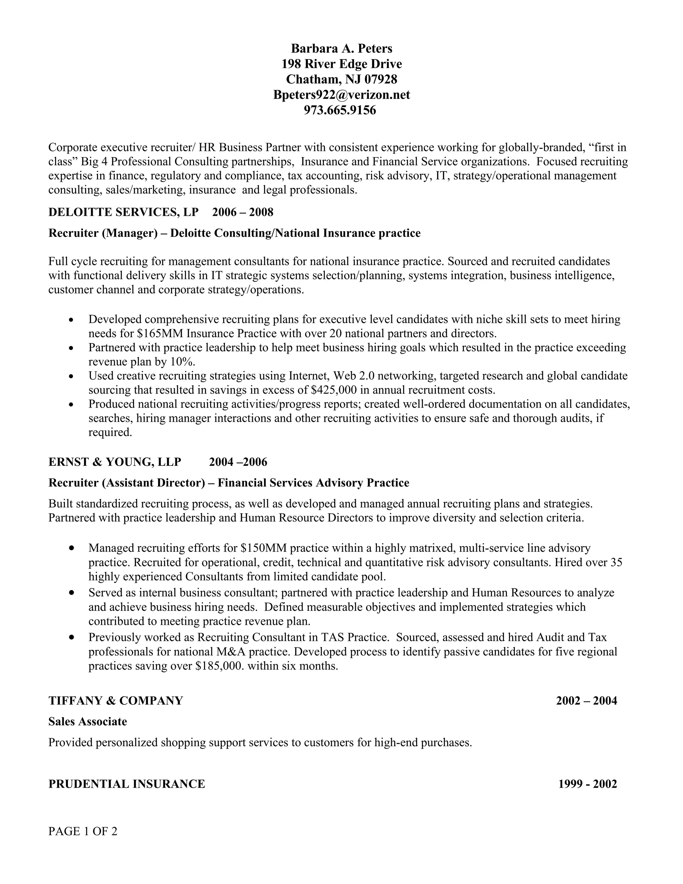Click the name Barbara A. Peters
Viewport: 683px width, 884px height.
341,49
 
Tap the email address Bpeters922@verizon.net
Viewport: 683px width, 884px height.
341,95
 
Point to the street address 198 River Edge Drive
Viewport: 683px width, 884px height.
341,64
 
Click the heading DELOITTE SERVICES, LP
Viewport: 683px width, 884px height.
123,212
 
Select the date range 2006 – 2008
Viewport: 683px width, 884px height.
243,212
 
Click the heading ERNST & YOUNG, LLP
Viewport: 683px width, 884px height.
115,462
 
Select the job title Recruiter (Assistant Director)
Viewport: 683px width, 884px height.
127,483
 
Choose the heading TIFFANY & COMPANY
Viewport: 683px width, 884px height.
116,701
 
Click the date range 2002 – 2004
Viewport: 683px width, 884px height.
586,701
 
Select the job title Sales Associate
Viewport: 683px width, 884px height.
88,722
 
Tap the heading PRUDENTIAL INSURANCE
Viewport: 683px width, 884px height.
127,784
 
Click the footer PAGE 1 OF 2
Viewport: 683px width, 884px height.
83,831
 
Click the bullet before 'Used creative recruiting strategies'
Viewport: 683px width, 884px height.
71,376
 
